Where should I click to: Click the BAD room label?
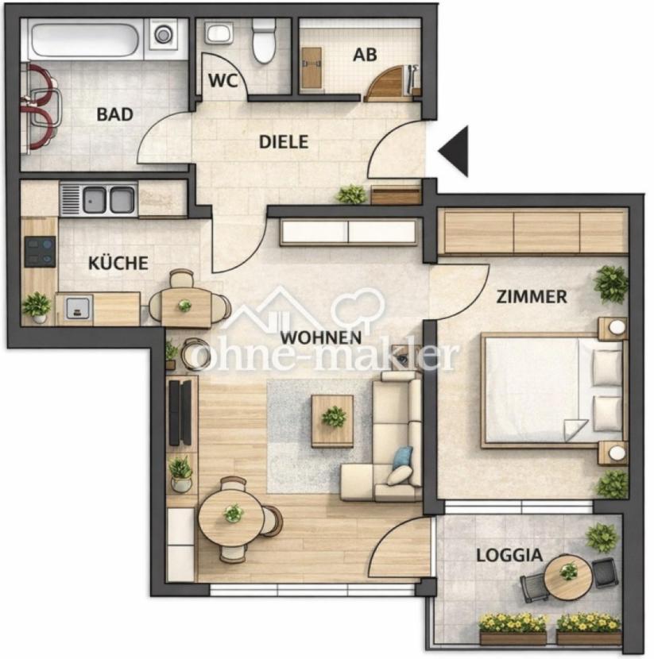coord(114,114)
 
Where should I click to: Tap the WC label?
coord(223,81)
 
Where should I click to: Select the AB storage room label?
coord(365,55)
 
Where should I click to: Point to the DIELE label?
coord(284,142)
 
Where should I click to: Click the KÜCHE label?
coord(118,263)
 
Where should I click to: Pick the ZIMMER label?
coord(532,297)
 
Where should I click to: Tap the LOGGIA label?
coord(509,556)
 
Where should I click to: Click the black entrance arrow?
coord(454,151)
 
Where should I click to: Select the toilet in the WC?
coord(264,41)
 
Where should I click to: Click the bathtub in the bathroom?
coord(84,40)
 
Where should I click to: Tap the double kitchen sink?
coord(109,199)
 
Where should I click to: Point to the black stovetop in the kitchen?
coord(40,252)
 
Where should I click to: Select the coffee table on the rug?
coord(332,421)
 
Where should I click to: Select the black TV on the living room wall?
coord(180,413)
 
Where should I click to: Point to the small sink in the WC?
coord(219,33)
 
